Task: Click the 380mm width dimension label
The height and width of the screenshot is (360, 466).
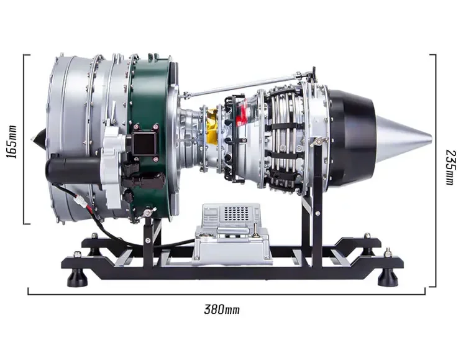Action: (x=222, y=309)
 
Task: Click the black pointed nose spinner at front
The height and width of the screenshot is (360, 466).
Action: (x=39, y=139)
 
